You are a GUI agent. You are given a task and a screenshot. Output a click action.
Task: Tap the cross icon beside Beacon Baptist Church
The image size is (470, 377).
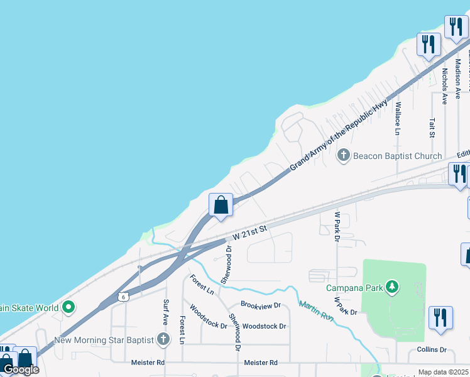[x=344, y=155]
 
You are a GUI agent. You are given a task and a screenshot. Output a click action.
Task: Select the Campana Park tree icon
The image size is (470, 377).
[x=393, y=288]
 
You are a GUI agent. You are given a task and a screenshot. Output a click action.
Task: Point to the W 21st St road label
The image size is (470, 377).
[x=250, y=233]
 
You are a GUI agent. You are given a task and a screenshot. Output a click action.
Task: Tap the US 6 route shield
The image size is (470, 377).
[x=123, y=296]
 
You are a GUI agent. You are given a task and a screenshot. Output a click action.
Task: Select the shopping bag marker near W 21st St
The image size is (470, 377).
[x=221, y=205]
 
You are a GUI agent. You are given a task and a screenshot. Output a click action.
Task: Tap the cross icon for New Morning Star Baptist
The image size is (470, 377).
[x=163, y=340]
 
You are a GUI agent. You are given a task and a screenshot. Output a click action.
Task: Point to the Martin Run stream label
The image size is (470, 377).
[x=315, y=312]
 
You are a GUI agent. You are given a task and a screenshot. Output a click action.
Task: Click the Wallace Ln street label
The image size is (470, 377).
[x=398, y=118]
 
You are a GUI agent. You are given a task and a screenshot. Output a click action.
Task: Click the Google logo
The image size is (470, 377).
[x=21, y=370]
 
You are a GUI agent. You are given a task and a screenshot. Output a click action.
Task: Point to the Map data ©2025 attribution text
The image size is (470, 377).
[x=443, y=372]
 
